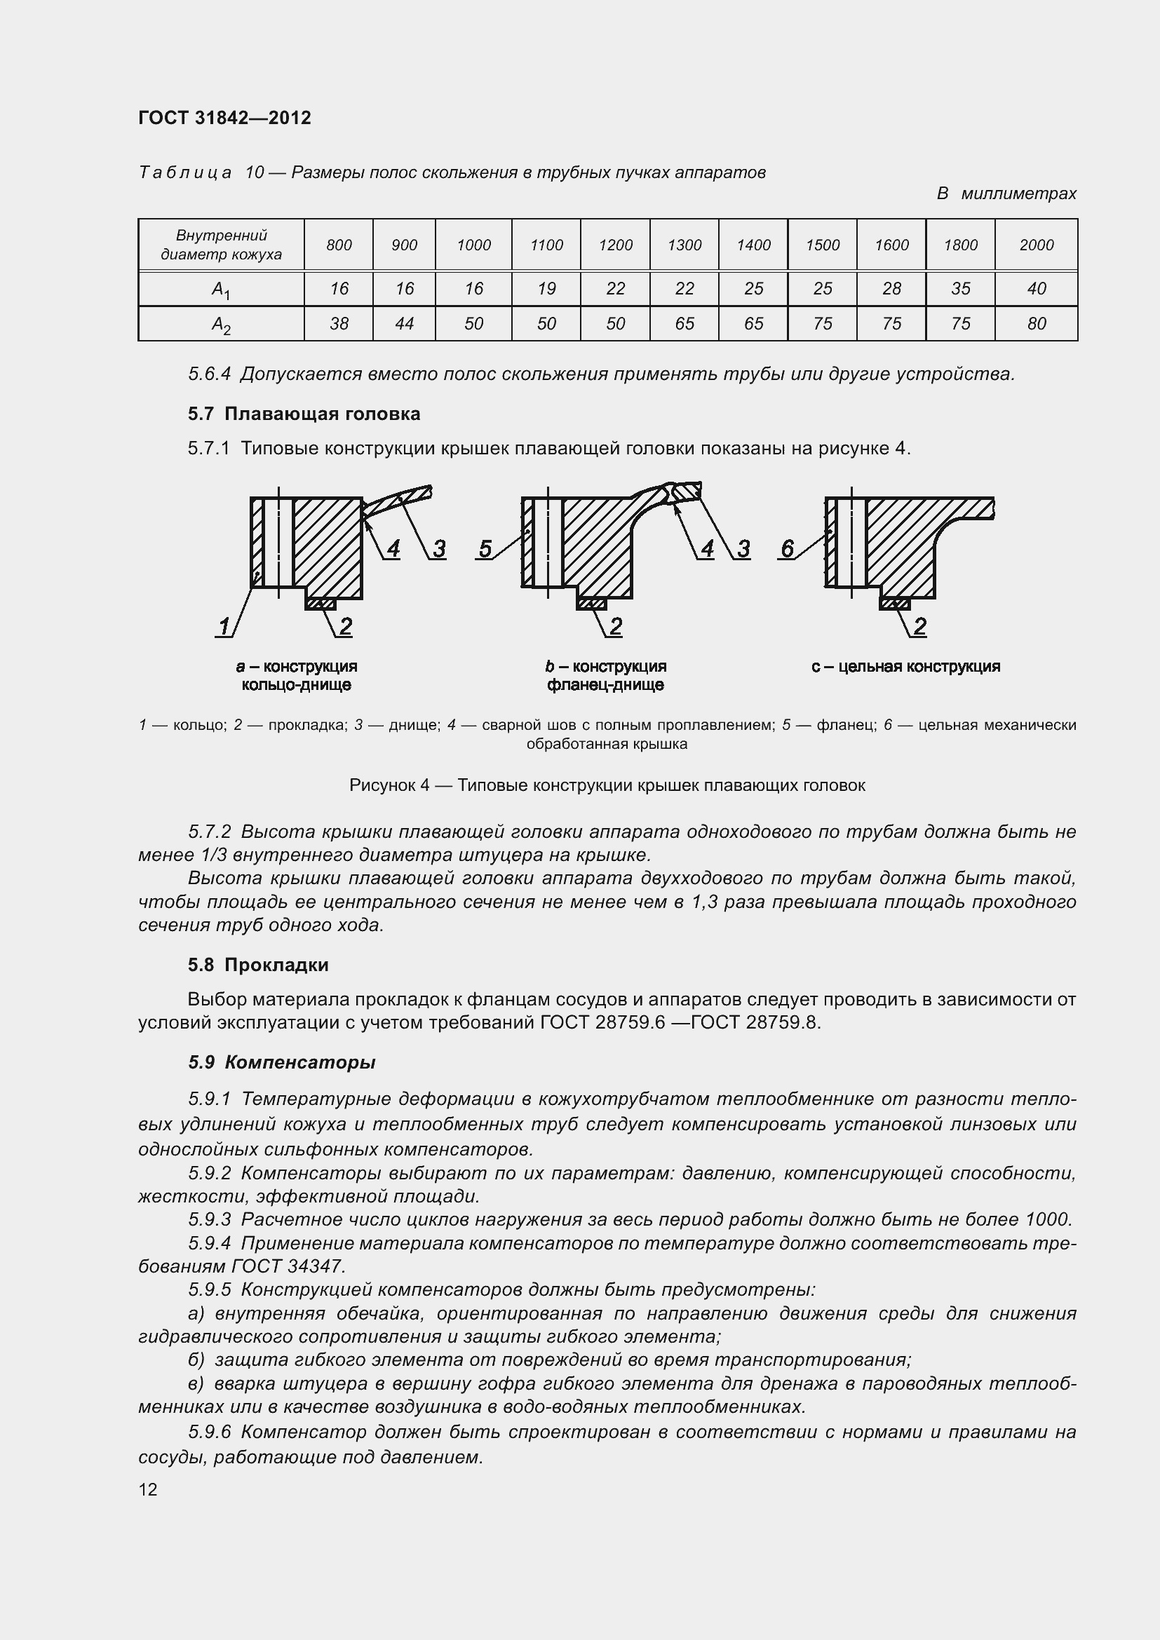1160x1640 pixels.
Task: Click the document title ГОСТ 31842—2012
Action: click(x=225, y=118)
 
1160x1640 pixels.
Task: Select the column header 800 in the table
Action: click(x=339, y=245)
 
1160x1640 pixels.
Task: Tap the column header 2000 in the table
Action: click(x=1037, y=245)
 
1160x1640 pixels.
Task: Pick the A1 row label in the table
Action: click(x=221, y=290)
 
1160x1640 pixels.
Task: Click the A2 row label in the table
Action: click(x=221, y=325)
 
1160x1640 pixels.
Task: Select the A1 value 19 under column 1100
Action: click(x=546, y=289)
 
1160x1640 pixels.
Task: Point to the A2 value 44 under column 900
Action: click(x=404, y=323)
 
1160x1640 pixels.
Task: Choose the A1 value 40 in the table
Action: click(x=1037, y=289)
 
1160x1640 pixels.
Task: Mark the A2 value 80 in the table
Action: click(x=1037, y=323)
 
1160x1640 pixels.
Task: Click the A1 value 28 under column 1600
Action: click(x=891, y=289)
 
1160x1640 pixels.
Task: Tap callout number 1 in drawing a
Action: click(x=224, y=626)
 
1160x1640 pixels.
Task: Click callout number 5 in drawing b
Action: click(x=486, y=548)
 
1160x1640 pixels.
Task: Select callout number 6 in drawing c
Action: click(x=787, y=548)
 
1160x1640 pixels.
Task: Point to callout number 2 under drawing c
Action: click(x=920, y=626)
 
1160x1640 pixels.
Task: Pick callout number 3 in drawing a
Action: click(x=438, y=548)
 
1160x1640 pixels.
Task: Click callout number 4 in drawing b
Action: click(x=707, y=548)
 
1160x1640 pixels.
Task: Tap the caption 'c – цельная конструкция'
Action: click(x=905, y=666)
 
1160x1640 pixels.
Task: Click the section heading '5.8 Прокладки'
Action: click(x=259, y=965)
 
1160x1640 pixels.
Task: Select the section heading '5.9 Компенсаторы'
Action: click(x=282, y=1062)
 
